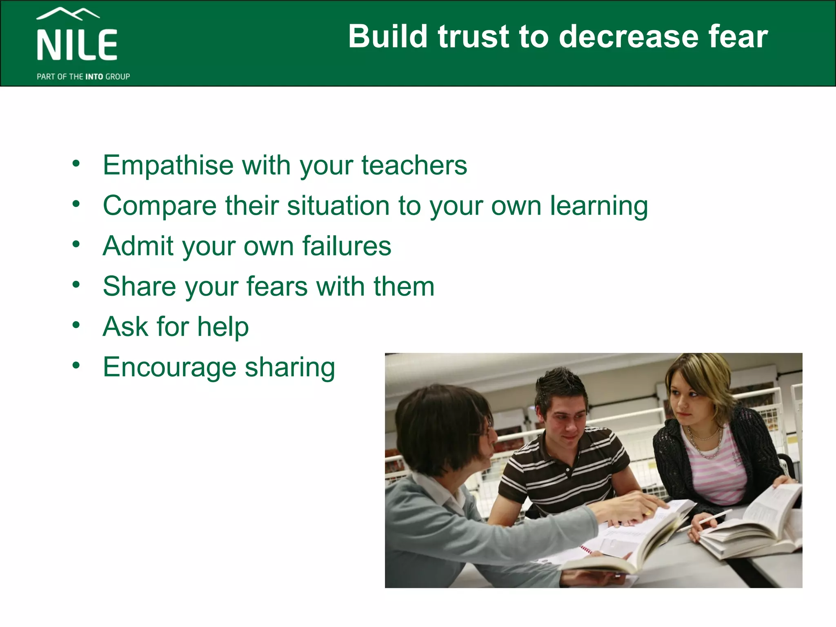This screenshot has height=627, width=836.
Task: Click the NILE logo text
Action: pos(77,45)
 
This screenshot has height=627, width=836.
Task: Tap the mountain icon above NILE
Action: pos(68,14)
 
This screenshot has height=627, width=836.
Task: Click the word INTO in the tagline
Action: pos(94,77)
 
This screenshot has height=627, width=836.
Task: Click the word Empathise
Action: pos(168,166)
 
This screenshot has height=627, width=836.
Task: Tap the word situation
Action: pos(339,206)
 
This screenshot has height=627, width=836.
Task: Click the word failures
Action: pos(347,246)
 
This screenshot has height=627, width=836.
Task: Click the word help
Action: pos(223,327)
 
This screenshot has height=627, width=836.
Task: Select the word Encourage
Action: pos(169,367)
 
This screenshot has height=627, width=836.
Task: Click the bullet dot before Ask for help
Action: pos(76,325)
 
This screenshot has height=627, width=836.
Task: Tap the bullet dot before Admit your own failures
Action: pos(76,244)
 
